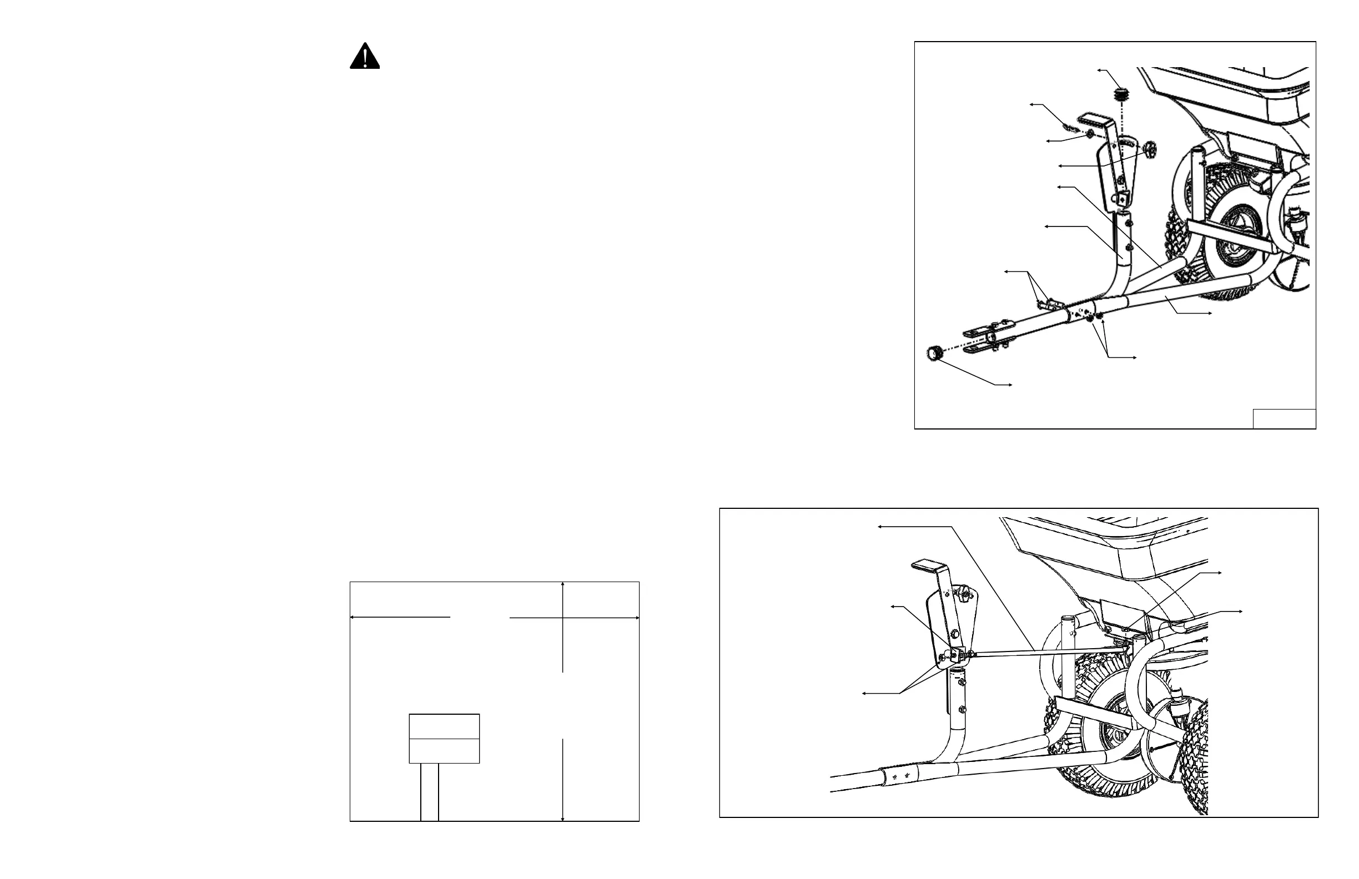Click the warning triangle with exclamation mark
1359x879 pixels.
tap(364, 57)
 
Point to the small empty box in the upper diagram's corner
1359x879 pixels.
tap(1284, 419)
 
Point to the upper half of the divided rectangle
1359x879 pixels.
tap(444, 726)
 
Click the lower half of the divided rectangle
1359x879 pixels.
tap(444, 751)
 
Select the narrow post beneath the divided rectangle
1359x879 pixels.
tap(429, 792)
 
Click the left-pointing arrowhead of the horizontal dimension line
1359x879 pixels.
tap(353, 617)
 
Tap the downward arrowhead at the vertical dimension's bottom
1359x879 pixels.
tap(563, 818)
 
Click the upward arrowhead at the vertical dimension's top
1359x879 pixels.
tap(563, 585)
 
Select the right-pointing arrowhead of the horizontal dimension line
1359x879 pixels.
tap(636, 617)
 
